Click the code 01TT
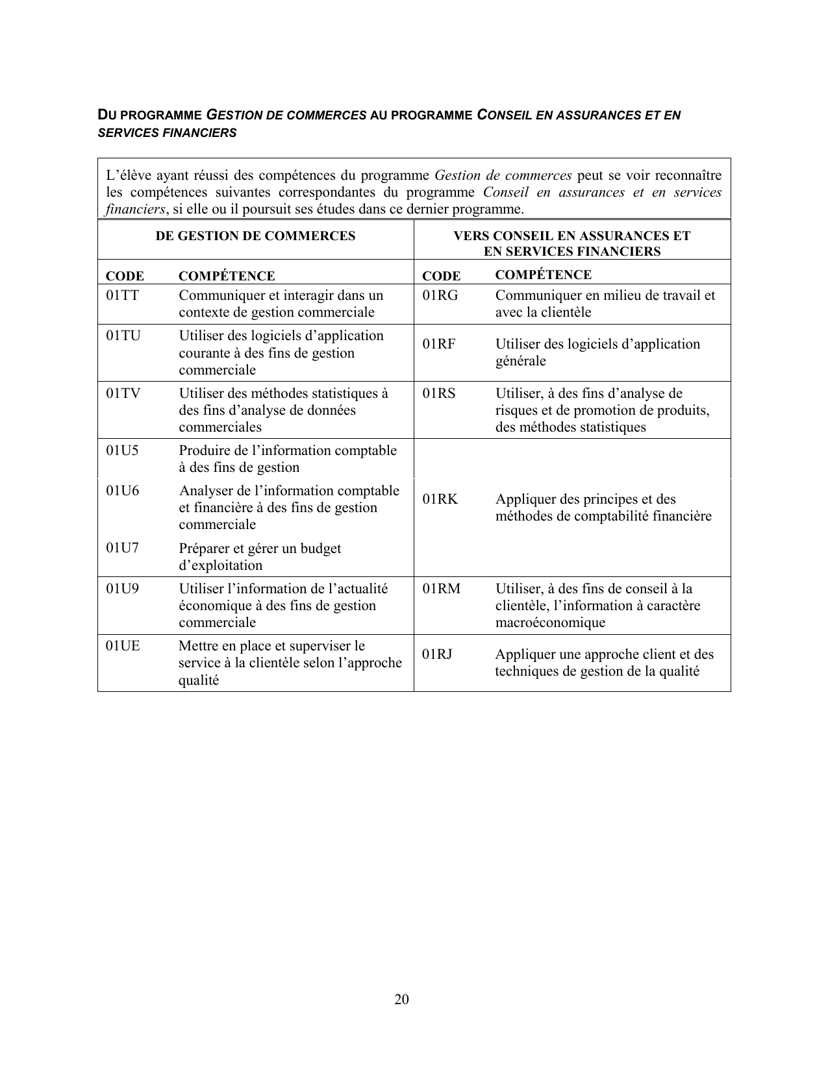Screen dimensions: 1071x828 (123, 295)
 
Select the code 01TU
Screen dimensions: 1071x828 (123, 336)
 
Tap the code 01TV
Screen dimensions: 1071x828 (123, 393)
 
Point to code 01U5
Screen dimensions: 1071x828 (123, 450)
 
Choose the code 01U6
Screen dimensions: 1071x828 (123, 491)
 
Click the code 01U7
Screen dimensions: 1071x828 (123, 548)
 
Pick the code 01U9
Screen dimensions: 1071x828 (123, 589)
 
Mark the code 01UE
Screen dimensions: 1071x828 (123, 646)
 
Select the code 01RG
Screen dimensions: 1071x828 (440, 295)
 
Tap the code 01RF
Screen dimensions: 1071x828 (438, 344)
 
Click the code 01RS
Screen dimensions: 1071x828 (439, 393)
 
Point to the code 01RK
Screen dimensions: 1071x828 (440, 499)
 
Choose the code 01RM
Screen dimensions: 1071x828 (441, 589)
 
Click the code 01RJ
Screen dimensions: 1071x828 (437, 654)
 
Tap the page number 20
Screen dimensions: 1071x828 (401, 999)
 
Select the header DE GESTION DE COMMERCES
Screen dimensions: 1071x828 (255, 236)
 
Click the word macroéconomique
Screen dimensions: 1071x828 (550, 622)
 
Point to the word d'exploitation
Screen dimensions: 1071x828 (221, 565)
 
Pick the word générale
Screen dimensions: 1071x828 (521, 361)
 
